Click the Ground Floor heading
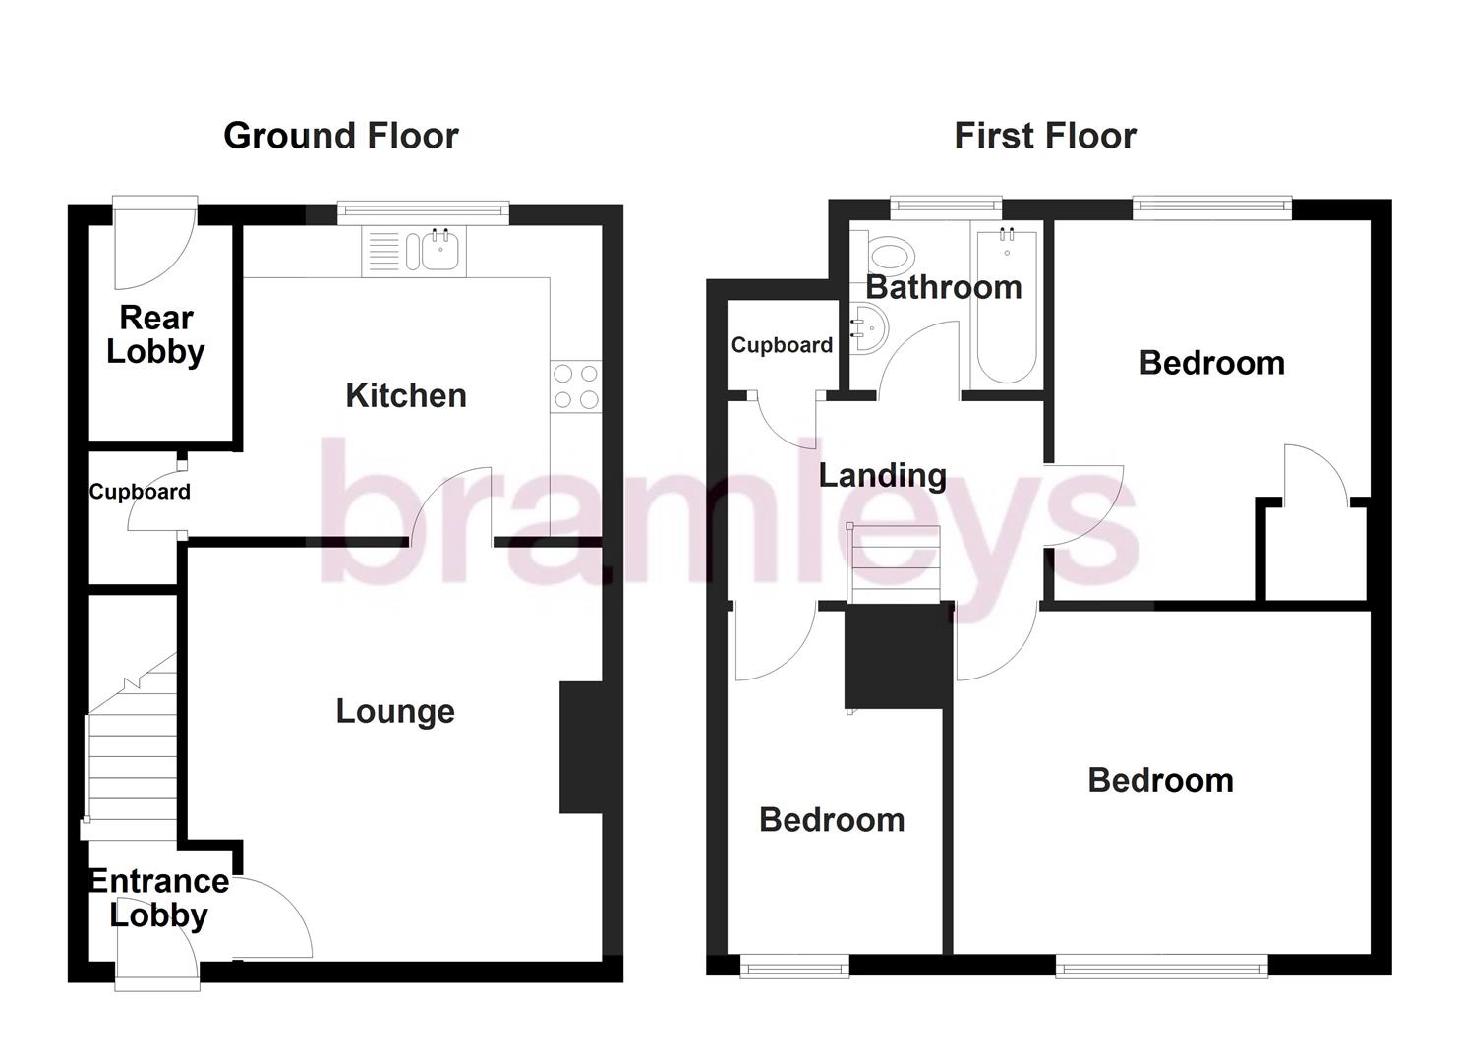click(x=340, y=136)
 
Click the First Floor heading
click(x=1044, y=136)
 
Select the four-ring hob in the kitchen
click(x=575, y=385)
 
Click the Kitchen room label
click(x=405, y=395)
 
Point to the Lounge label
click(x=395, y=711)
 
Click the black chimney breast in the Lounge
click(x=580, y=747)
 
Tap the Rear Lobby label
click(x=155, y=334)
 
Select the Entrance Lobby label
click(x=158, y=898)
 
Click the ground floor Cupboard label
click(x=140, y=492)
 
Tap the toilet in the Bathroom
click(x=891, y=256)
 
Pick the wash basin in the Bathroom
click(x=869, y=326)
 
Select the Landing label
click(x=882, y=476)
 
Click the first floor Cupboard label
click(x=782, y=345)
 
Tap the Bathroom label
click(x=943, y=287)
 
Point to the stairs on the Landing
click(x=895, y=564)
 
